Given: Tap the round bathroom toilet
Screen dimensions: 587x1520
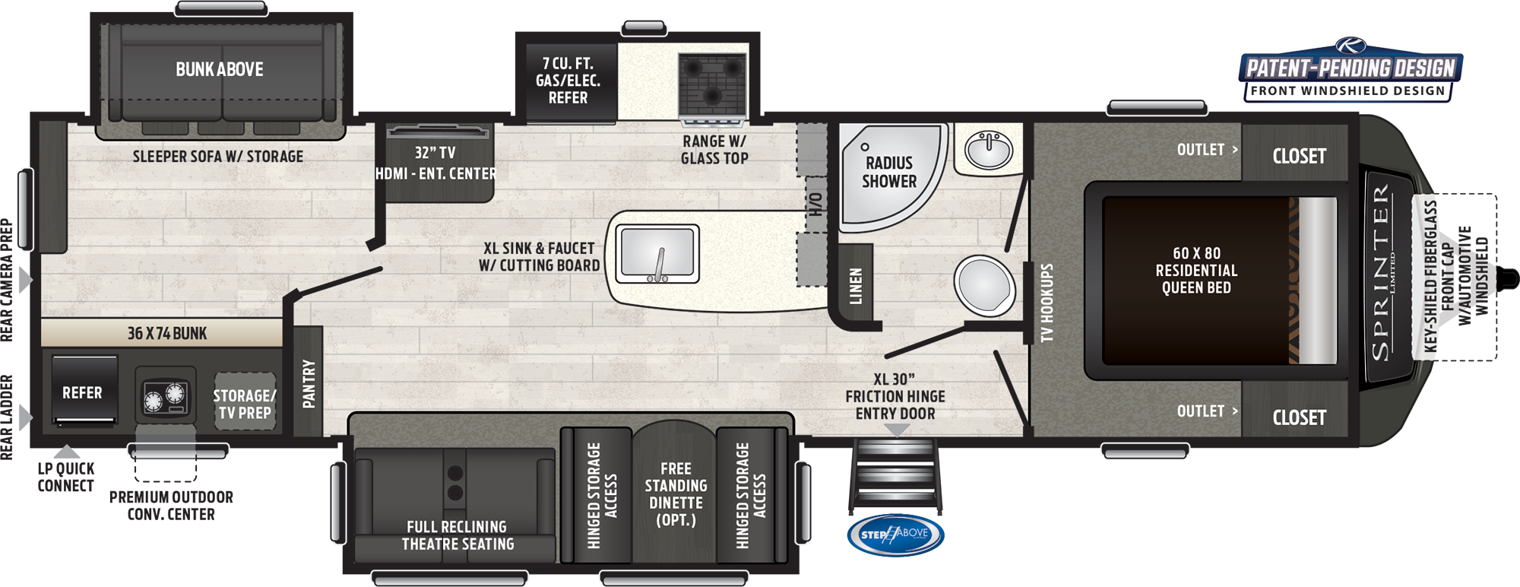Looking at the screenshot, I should (x=983, y=285).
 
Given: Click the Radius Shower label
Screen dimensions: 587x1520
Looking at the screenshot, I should (x=888, y=172).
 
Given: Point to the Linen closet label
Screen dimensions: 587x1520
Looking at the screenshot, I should (x=857, y=286).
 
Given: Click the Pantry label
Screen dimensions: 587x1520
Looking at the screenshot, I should (x=309, y=384).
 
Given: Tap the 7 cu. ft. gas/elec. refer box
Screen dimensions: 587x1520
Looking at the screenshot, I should (x=568, y=81).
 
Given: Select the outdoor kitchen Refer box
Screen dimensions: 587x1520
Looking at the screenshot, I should (x=83, y=392).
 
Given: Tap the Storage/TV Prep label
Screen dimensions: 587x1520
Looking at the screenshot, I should (x=245, y=405).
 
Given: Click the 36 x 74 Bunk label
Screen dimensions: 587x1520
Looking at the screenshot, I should (x=167, y=333).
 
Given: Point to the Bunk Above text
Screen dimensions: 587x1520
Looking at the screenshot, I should (x=220, y=69).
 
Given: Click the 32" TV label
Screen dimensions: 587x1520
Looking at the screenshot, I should (x=435, y=153).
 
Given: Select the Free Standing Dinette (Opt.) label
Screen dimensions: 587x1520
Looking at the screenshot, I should (x=676, y=494).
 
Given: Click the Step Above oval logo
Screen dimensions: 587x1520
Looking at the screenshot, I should (x=895, y=535).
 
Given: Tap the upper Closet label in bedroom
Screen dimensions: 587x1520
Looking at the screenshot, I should (x=1299, y=157).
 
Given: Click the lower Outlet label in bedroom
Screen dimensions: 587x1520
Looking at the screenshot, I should (x=1201, y=411).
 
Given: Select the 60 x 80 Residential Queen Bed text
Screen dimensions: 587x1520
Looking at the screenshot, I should (x=1196, y=271).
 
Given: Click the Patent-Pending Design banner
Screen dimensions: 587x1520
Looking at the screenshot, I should (x=1351, y=69).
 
